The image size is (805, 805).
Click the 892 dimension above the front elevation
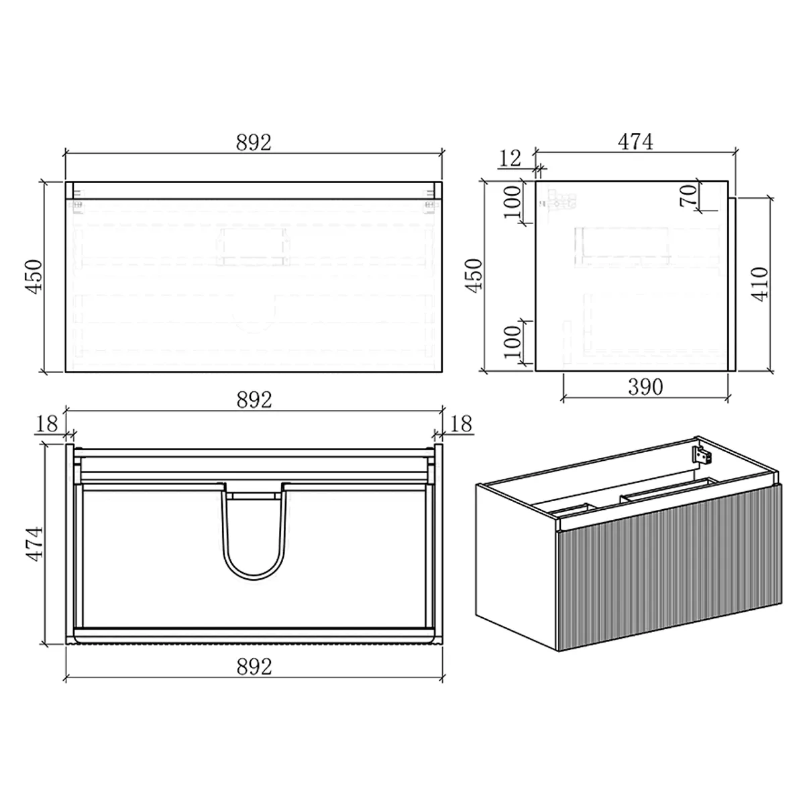pyautogui.click(x=254, y=142)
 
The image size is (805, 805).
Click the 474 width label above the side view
pyautogui.click(x=635, y=142)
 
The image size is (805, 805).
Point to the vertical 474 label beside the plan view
pyautogui.click(x=34, y=543)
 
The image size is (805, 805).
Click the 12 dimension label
pyautogui.click(x=511, y=158)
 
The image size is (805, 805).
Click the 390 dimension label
pyautogui.click(x=645, y=387)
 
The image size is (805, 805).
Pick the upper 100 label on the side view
pyautogui.click(x=512, y=202)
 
